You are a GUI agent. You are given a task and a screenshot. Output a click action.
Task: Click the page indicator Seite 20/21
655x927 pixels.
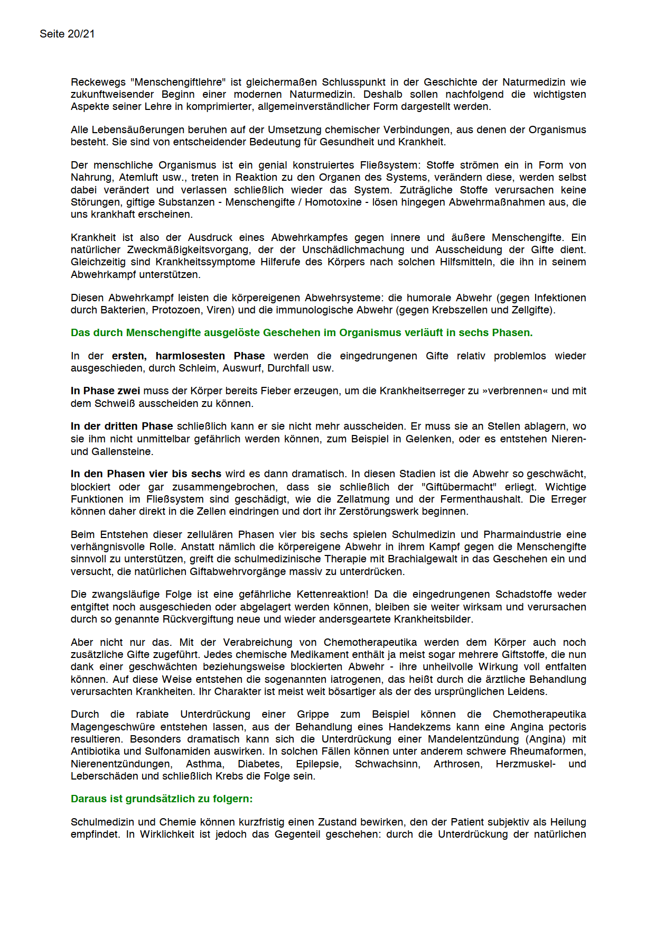point(67,34)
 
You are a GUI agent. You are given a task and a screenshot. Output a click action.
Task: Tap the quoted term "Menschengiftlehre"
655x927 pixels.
point(180,82)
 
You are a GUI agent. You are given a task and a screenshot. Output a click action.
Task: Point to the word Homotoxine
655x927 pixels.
point(333,202)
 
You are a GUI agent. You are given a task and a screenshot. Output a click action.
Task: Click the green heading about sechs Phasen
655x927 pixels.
point(302,332)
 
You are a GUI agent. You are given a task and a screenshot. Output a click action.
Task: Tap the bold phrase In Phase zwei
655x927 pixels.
point(105,391)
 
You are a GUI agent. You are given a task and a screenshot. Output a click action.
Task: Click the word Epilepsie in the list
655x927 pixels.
point(319,764)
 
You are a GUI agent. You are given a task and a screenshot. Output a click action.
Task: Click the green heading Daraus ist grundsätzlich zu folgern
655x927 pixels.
point(162,799)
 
